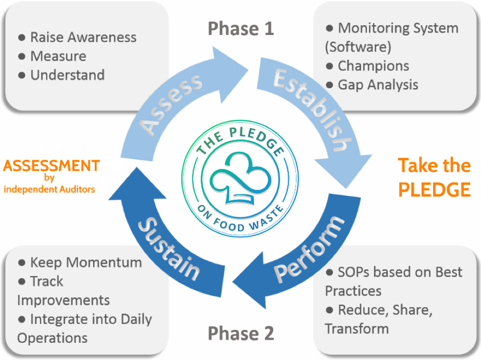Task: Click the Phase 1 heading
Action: click(241, 29)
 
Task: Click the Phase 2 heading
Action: click(241, 333)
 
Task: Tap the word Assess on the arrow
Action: click(171, 104)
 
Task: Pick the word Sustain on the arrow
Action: click(169, 249)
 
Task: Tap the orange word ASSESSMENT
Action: click(51, 166)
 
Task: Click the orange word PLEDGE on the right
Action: click(434, 189)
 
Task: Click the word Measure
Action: click(58, 56)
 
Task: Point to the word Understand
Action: click(68, 75)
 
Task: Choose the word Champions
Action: click(373, 66)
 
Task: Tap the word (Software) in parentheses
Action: click(358, 47)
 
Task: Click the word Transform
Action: click(357, 329)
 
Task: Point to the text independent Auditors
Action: click(49, 189)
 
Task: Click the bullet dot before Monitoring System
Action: click(330, 29)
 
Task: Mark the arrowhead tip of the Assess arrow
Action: click(248, 70)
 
